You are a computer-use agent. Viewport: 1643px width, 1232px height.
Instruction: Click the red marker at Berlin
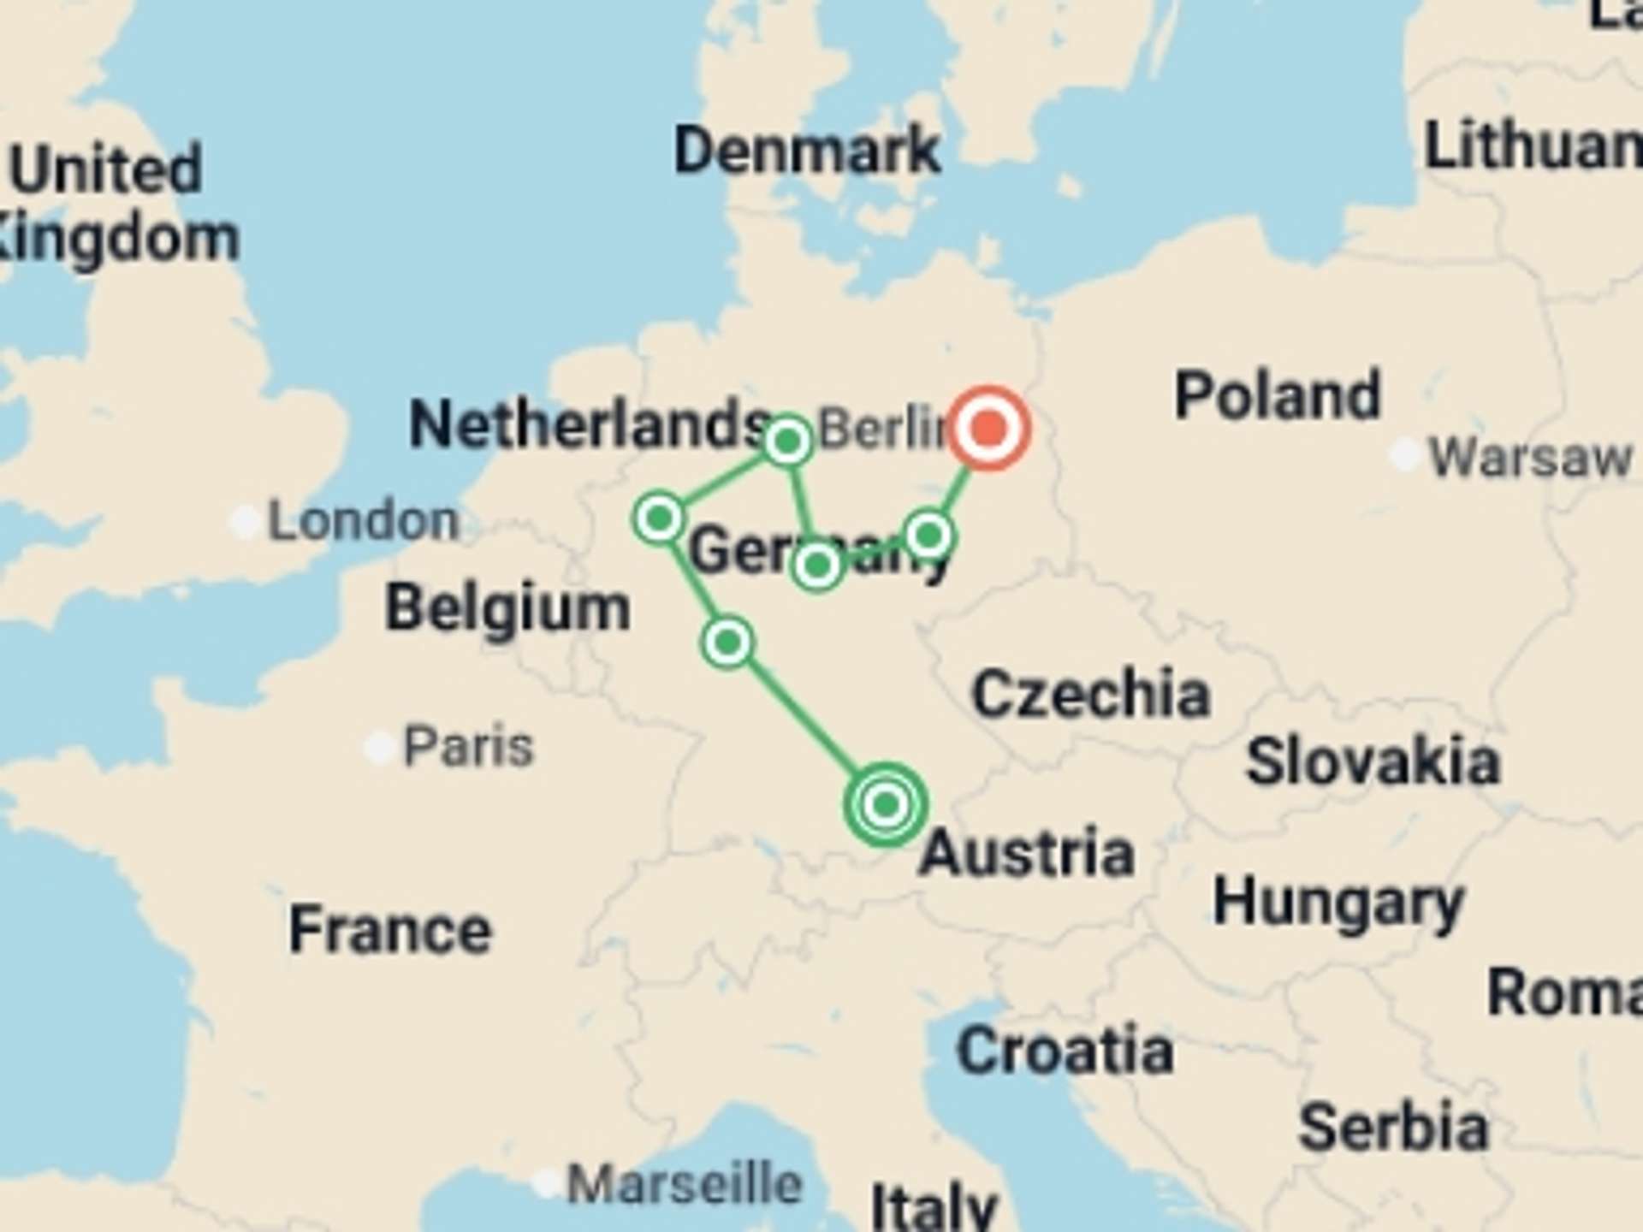click(x=989, y=427)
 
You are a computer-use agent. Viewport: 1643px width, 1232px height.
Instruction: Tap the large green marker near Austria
click(x=886, y=804)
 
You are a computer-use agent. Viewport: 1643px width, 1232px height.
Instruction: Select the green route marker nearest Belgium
click(x=659, y=518)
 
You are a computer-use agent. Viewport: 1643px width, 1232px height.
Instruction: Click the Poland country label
click(x=1278, y=395)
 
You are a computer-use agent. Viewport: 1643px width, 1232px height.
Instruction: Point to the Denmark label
click(x=807, y=151)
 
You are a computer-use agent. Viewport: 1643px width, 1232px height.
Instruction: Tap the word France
click(x=390, y=930)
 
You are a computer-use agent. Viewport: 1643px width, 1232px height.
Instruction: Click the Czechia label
click(x=1091, y=693)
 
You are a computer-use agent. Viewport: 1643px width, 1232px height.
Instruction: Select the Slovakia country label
click(x=1373, y=761)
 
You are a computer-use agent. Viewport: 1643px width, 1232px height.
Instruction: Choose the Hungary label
click(x=1338, y=903)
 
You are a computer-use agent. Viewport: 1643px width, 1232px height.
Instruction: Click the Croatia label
click(x=1065, y=1051)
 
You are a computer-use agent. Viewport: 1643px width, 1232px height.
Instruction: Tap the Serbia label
click(x=1393, y=1128)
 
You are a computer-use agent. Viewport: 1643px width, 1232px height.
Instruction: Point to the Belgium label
click(x=507, y=608)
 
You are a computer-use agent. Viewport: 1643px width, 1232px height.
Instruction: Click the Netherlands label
click(x=589, y=424)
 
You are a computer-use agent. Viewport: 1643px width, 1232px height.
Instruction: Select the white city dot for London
click(x=246, y=521)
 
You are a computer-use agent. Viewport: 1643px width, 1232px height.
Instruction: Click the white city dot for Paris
click(x=379, y=747)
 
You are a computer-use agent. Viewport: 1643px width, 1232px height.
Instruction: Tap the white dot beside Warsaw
click(x=1404, y=454)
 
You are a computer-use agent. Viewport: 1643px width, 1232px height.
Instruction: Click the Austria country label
click(x=1027, y=853)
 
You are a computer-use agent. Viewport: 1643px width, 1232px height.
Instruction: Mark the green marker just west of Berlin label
click(x=787, y=441)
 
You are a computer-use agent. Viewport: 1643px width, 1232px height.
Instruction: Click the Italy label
click(x=934, y=1206)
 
